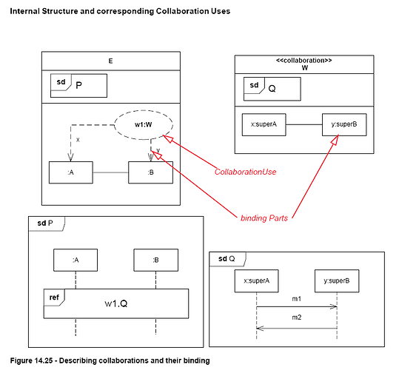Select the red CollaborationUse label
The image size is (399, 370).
tap(245, 172)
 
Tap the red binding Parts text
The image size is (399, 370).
tap(264, 218)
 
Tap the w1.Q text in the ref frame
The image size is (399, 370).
tap(116, 303)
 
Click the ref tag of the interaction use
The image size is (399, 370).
tap(54, 297)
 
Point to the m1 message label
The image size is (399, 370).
tap(297, 299)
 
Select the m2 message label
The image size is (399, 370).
tap(297, 317)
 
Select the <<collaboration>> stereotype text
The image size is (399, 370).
tap(304, 61)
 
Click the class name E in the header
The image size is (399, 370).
tap(111, 61)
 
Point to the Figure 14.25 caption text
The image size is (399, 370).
tap(110, 360)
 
